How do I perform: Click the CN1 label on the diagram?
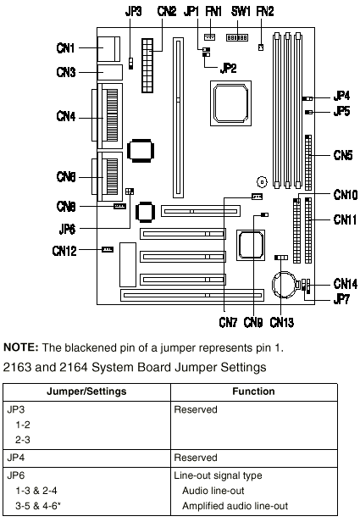coord(65,48)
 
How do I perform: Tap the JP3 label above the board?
coord(134,11)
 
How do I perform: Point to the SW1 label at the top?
coord(241,11)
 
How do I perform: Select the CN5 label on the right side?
coord(343,155)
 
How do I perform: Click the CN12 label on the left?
coord(64,251)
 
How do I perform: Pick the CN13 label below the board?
coord(282,322)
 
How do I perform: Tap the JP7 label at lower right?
coord(341,299)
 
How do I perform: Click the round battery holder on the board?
coord(284,285)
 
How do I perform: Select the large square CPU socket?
coord(230,103)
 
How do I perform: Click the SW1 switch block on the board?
coord(237,37)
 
